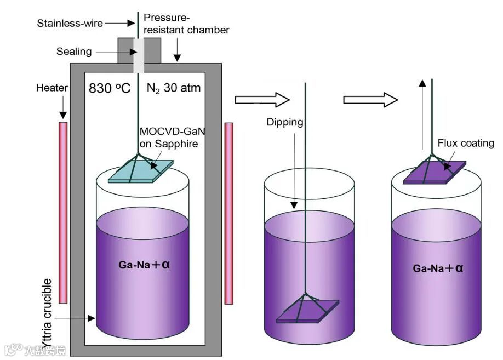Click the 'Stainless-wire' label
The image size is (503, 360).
(x=70, y=23)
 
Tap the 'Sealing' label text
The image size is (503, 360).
(x=74, y=52)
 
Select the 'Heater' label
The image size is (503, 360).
(x=52, y=88)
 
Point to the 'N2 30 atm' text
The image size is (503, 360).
(x=174, y=88)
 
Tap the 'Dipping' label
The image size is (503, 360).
(x=285, y=122)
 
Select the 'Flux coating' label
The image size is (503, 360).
(x=466, y=144)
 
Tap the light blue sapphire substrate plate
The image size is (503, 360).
(x=140, y=170)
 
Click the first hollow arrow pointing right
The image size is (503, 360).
(x=262, y=100)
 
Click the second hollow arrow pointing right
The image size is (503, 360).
(x=370, y=100)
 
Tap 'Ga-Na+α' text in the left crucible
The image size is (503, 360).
(x=145, y=265)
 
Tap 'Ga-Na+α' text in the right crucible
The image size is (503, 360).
(x=438, y=268)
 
